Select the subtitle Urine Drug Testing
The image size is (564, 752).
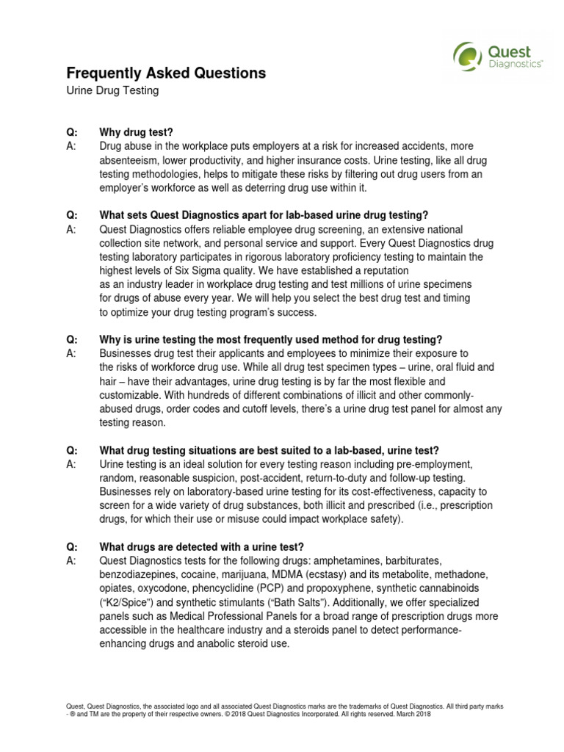pyautogui.click(x=112, y=91)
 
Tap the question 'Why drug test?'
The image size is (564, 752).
pyautogui.click(x=137, y=132)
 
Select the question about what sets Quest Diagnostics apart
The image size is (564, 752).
pyautogui.click(x=264, y=215)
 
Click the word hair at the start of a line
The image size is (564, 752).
pyautogui.click(x=109, y=382)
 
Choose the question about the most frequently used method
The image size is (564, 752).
pyautogui.click(x=271, y=340)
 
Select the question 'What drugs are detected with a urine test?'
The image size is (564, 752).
pyautogui.click(x=201, y=547)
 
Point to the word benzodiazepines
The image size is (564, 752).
pyautogui.click(x=139, y=575)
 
